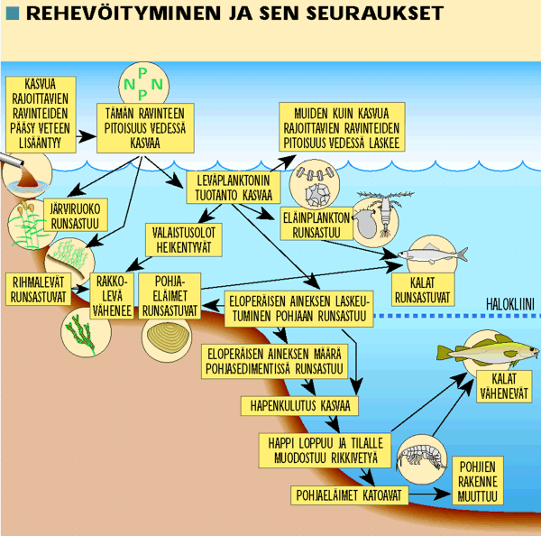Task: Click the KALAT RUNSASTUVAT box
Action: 422,288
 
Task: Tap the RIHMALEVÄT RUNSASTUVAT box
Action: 37,286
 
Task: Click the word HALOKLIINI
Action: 510,304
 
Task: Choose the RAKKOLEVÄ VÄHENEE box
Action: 112,292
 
